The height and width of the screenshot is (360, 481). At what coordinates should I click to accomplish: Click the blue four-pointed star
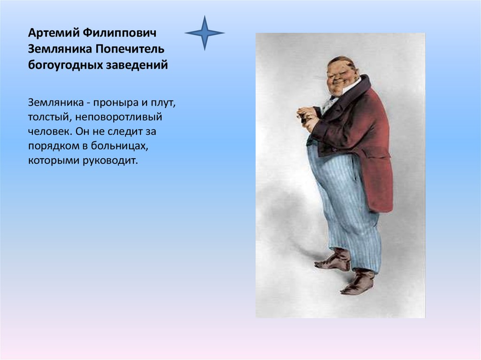[205, 33]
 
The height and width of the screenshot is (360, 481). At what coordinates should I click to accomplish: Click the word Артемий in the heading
[54, 33]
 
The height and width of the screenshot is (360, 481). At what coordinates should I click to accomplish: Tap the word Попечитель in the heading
[130, 49]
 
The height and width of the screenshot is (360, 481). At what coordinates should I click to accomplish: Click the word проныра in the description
[116, 103]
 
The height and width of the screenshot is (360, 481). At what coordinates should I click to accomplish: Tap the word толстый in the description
[50, 117]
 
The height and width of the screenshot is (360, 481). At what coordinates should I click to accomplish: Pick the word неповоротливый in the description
[119, 117]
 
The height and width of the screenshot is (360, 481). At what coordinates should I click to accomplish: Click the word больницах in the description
[119, 146]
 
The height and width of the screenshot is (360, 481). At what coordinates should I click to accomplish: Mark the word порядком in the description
[54, 146]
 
